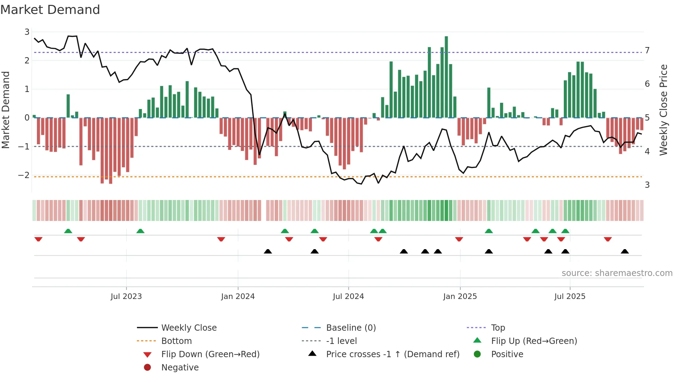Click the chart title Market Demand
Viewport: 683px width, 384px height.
click(50, 10)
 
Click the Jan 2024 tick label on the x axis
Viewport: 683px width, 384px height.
click(238, 297)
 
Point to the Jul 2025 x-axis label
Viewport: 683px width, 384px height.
click(570, 297)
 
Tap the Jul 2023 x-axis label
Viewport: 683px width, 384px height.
click(126, 297)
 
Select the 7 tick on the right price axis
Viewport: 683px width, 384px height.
click(647, 51)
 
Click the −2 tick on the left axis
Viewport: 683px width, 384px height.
click(24, 175)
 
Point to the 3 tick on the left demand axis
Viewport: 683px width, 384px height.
click(27, 32)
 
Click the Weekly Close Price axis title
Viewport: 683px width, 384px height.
click(663, 110)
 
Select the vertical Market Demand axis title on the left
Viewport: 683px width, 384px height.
click(6, 110)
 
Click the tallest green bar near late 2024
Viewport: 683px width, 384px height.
click(446, 77)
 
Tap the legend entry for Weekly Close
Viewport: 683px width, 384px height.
click(189, 328)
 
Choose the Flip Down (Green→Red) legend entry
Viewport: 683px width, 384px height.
click(210, 354)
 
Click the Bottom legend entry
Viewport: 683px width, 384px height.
click(176, 341)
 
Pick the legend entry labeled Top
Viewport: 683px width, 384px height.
click(498, 328)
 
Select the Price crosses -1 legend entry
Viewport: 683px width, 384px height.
click(392, 354)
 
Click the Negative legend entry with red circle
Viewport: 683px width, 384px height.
click(180, 368)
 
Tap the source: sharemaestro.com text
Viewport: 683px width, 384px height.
click(617, 273)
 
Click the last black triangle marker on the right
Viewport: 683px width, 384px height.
click(625, 252)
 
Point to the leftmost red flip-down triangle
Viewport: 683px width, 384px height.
click(38, 239)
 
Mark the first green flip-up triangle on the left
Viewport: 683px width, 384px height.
click(68, 231)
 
